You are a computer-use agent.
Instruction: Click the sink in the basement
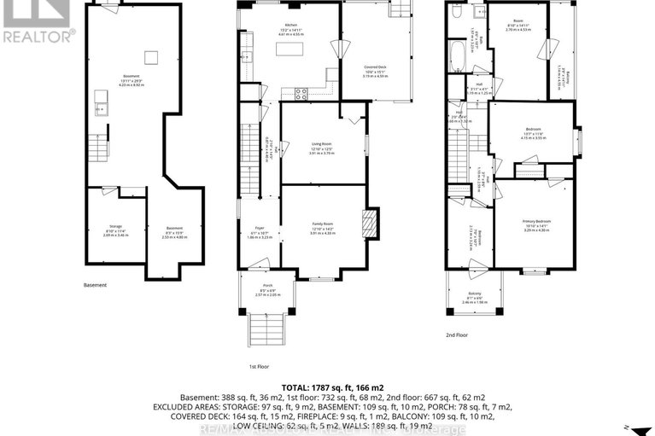[x=100, y=107]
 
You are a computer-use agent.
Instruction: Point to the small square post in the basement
[x=151, y=56]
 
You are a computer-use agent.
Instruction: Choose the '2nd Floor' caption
[x=457, y=334]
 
